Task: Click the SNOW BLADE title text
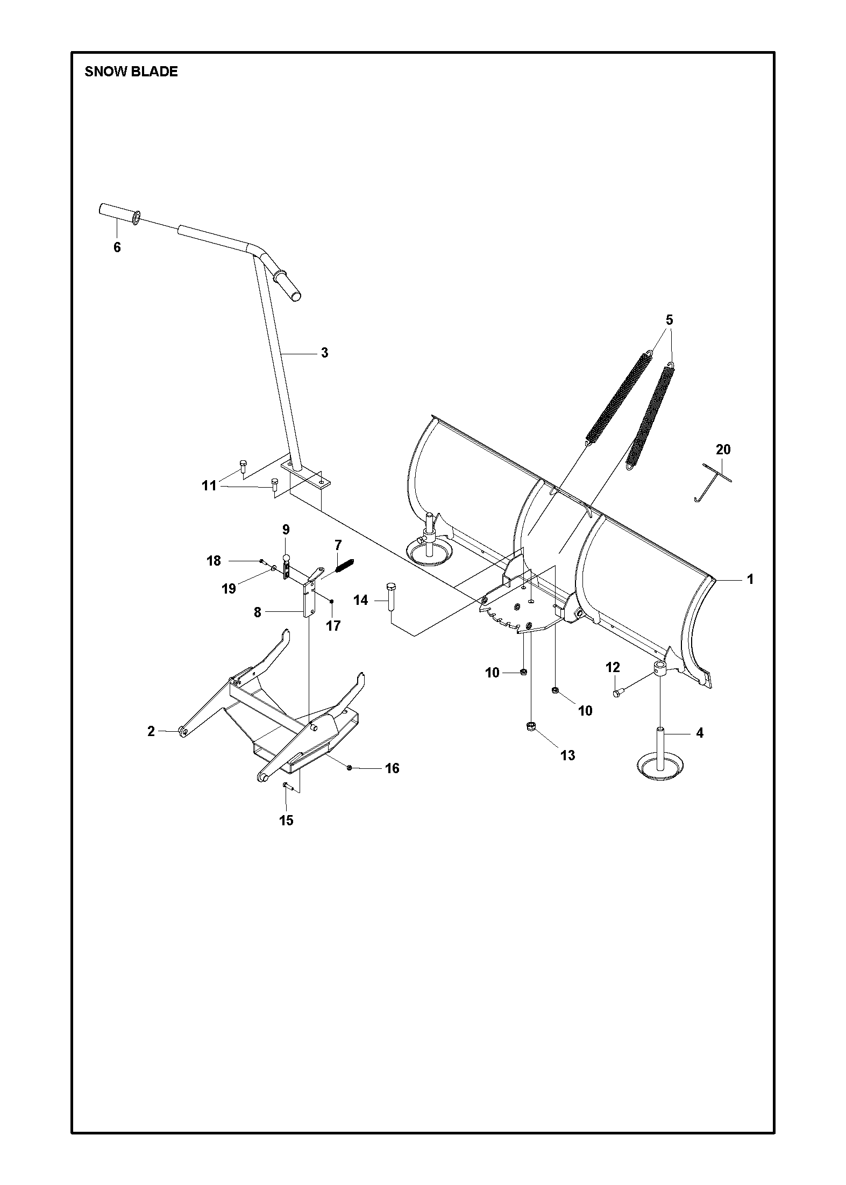(131, 72)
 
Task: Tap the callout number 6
(117, 247)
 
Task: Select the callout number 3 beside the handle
(324, 353)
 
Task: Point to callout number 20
(723, 449)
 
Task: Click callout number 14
(360, 600)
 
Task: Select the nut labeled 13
(531, 727)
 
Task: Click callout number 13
(567, 755)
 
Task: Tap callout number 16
(392, 768)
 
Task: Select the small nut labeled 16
(350, 767)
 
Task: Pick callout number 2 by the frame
(151, 731)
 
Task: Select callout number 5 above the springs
(669, 320)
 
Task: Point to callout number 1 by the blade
(750, 579)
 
